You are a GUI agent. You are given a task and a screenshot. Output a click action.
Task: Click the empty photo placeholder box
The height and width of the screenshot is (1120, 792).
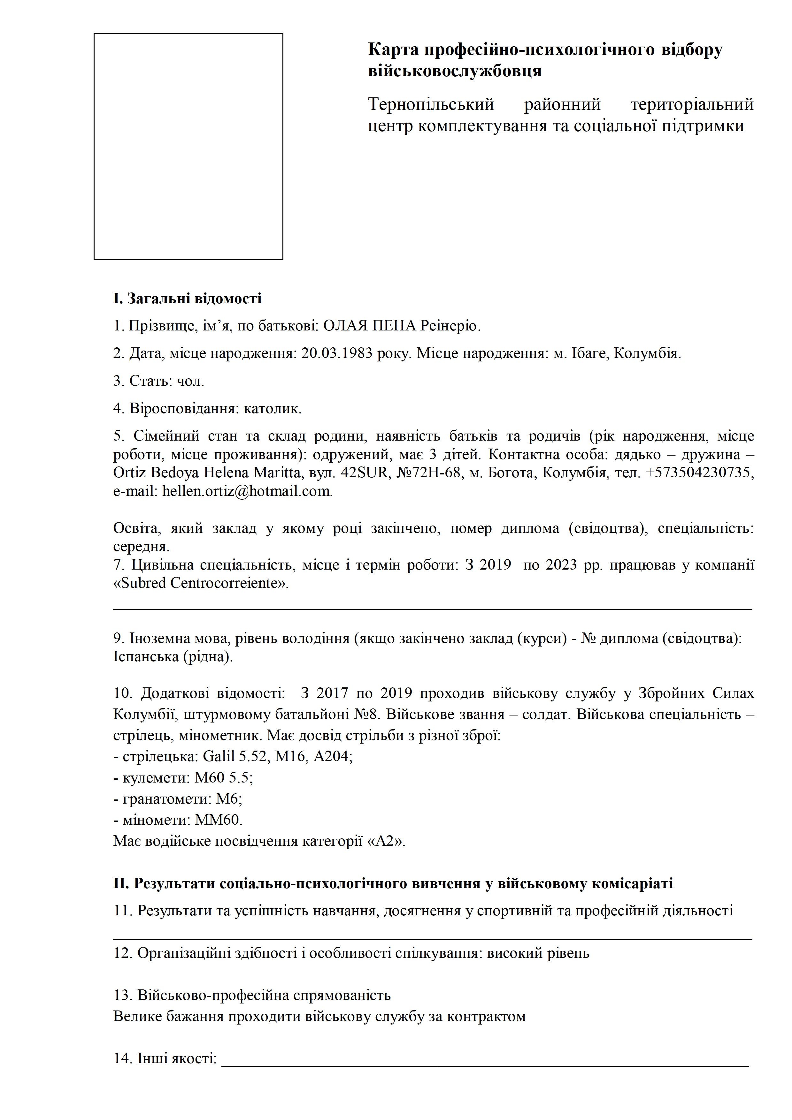188,146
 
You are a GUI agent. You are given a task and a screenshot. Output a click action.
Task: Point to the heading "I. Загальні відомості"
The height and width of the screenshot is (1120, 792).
188,299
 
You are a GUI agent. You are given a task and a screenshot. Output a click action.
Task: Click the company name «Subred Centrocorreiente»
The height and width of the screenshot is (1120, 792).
201,583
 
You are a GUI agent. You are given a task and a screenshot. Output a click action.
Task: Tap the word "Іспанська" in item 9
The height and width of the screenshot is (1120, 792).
146,657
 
